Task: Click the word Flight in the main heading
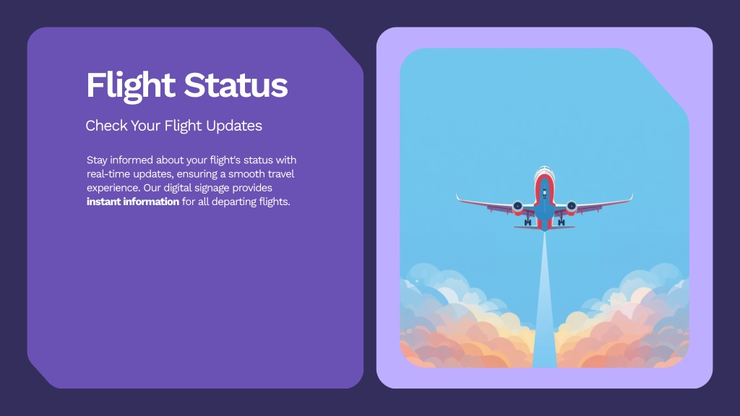coord(131,86)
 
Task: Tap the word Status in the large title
coord(236,85)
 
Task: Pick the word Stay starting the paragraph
coord(97,160)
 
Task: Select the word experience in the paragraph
coord(113,188)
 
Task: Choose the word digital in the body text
coord(178,188)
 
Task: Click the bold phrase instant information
coord(133,201)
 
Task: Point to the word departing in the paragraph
coord(232,202)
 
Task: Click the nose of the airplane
coord(545,168)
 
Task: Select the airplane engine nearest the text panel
coord(517,206)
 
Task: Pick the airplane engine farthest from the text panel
coord(572,206)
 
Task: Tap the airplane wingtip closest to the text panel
coord(457,195)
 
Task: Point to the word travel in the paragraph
coord(281,174)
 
